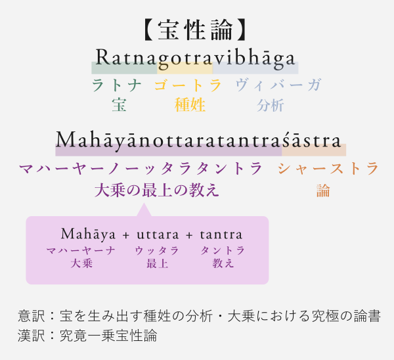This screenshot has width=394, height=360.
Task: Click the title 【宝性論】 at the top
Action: [x=195, y=30]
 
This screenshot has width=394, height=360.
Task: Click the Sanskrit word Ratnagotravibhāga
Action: [x=195, y=58]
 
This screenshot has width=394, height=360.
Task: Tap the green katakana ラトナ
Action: [x=116, y=85]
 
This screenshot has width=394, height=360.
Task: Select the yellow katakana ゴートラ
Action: [x=188, y=85]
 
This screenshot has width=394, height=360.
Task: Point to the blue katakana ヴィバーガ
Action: [x=278, y=85]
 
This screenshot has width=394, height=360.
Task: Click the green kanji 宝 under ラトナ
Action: [x=119, y=105]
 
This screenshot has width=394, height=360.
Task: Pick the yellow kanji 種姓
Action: [x=190, y=105]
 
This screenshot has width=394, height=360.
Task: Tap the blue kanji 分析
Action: [x=271, y=105]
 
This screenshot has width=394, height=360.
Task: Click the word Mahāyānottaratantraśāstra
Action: [x=198, y=141]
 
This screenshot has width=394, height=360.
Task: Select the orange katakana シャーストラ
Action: [x=328, y=168]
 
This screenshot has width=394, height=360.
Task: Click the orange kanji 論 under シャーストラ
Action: [x=323, y=191]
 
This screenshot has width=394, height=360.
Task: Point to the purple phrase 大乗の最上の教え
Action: [x=157, y=190]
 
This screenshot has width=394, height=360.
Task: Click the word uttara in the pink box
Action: [x=158, y=235]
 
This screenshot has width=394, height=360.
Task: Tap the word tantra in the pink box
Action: [x=221, y=235]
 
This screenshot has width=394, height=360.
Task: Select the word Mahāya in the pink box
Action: [x=88, y=235]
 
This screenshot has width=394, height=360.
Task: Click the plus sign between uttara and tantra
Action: [x=190, y=235]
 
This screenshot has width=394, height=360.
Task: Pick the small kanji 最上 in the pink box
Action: [x=158, y=263]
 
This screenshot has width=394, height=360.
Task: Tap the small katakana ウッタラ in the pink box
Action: [x=157, y=251]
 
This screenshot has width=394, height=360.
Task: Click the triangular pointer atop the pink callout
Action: [x=144, y=210]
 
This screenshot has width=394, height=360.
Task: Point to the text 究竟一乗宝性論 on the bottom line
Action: [x=108, y=335]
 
